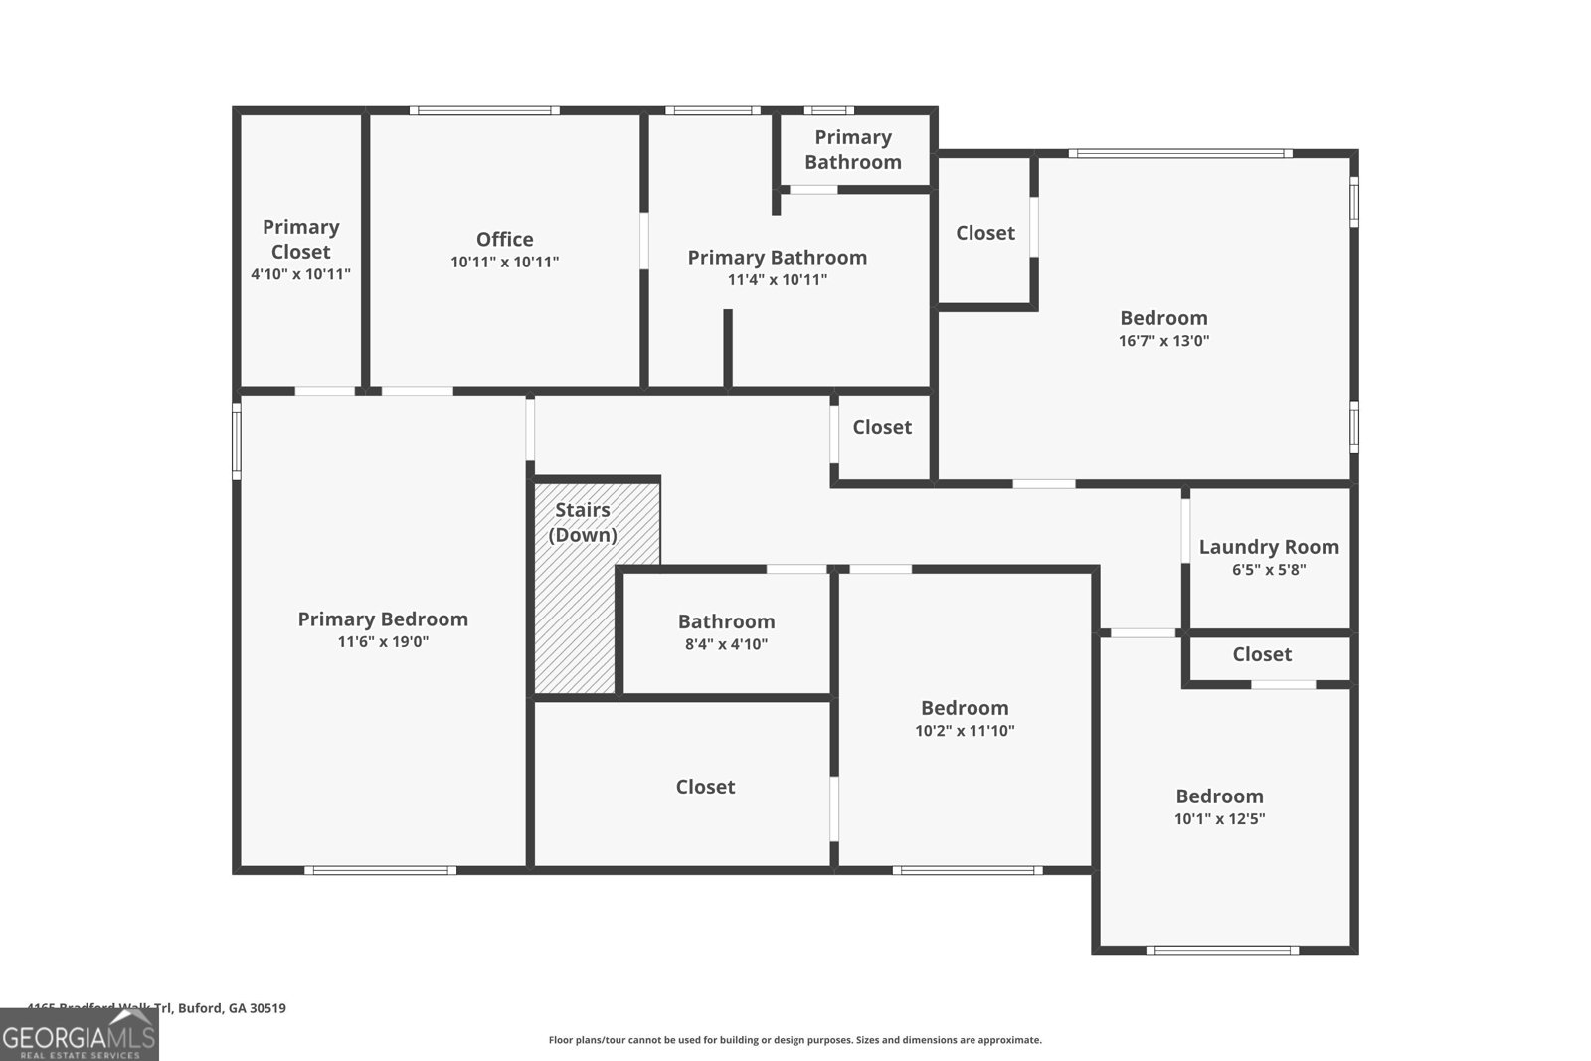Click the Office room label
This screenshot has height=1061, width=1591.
click(504, 239)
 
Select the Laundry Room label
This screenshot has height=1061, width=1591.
click(1269, 547)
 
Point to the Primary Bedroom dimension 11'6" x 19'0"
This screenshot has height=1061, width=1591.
click(383, 642)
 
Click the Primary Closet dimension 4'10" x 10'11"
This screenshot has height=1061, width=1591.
click(300, 274)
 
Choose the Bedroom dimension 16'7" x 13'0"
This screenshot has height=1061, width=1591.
click(1163, 341)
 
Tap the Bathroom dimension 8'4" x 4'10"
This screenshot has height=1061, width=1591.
click(726, 644)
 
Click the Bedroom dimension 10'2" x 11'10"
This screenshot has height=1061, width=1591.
click(965, 731)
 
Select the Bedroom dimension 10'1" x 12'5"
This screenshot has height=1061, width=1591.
click(1219, 819)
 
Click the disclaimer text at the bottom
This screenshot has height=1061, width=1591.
click(795, 1040)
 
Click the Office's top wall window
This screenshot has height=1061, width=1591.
click(483, 110)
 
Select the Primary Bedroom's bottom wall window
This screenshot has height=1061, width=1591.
click(380, 870)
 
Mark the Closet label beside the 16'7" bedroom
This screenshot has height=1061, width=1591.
click(985, 233)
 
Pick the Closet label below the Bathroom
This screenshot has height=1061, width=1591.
click(705, 787)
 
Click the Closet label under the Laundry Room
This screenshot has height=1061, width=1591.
click(1262, 654)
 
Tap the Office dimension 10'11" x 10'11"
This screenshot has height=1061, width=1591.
click(504, 263)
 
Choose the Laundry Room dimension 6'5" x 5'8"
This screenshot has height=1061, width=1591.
click(1269, 570)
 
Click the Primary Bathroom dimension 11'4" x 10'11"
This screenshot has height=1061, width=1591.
click(778, 280)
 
